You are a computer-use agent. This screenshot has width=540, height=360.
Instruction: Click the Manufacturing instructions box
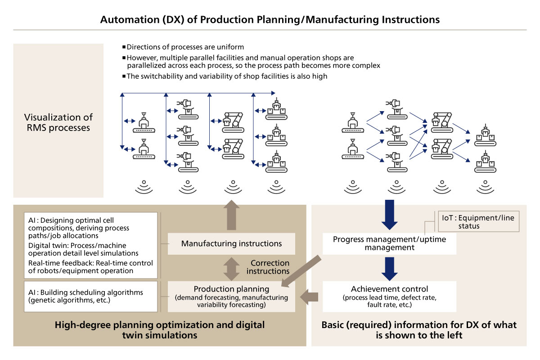click(231, 243)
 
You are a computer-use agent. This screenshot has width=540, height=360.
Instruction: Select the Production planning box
click(231, 297)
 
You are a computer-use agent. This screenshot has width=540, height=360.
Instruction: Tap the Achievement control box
click(390, 297)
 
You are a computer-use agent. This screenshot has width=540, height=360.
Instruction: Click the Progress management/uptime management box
click(390, 243)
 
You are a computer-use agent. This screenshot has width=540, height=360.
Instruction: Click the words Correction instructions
click(270, 267)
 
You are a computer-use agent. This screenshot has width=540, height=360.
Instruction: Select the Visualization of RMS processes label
click(58, 122)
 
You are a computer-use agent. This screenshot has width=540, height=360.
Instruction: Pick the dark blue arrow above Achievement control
click(390, 268)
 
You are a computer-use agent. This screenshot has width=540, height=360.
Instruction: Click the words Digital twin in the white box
click(46, 245)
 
